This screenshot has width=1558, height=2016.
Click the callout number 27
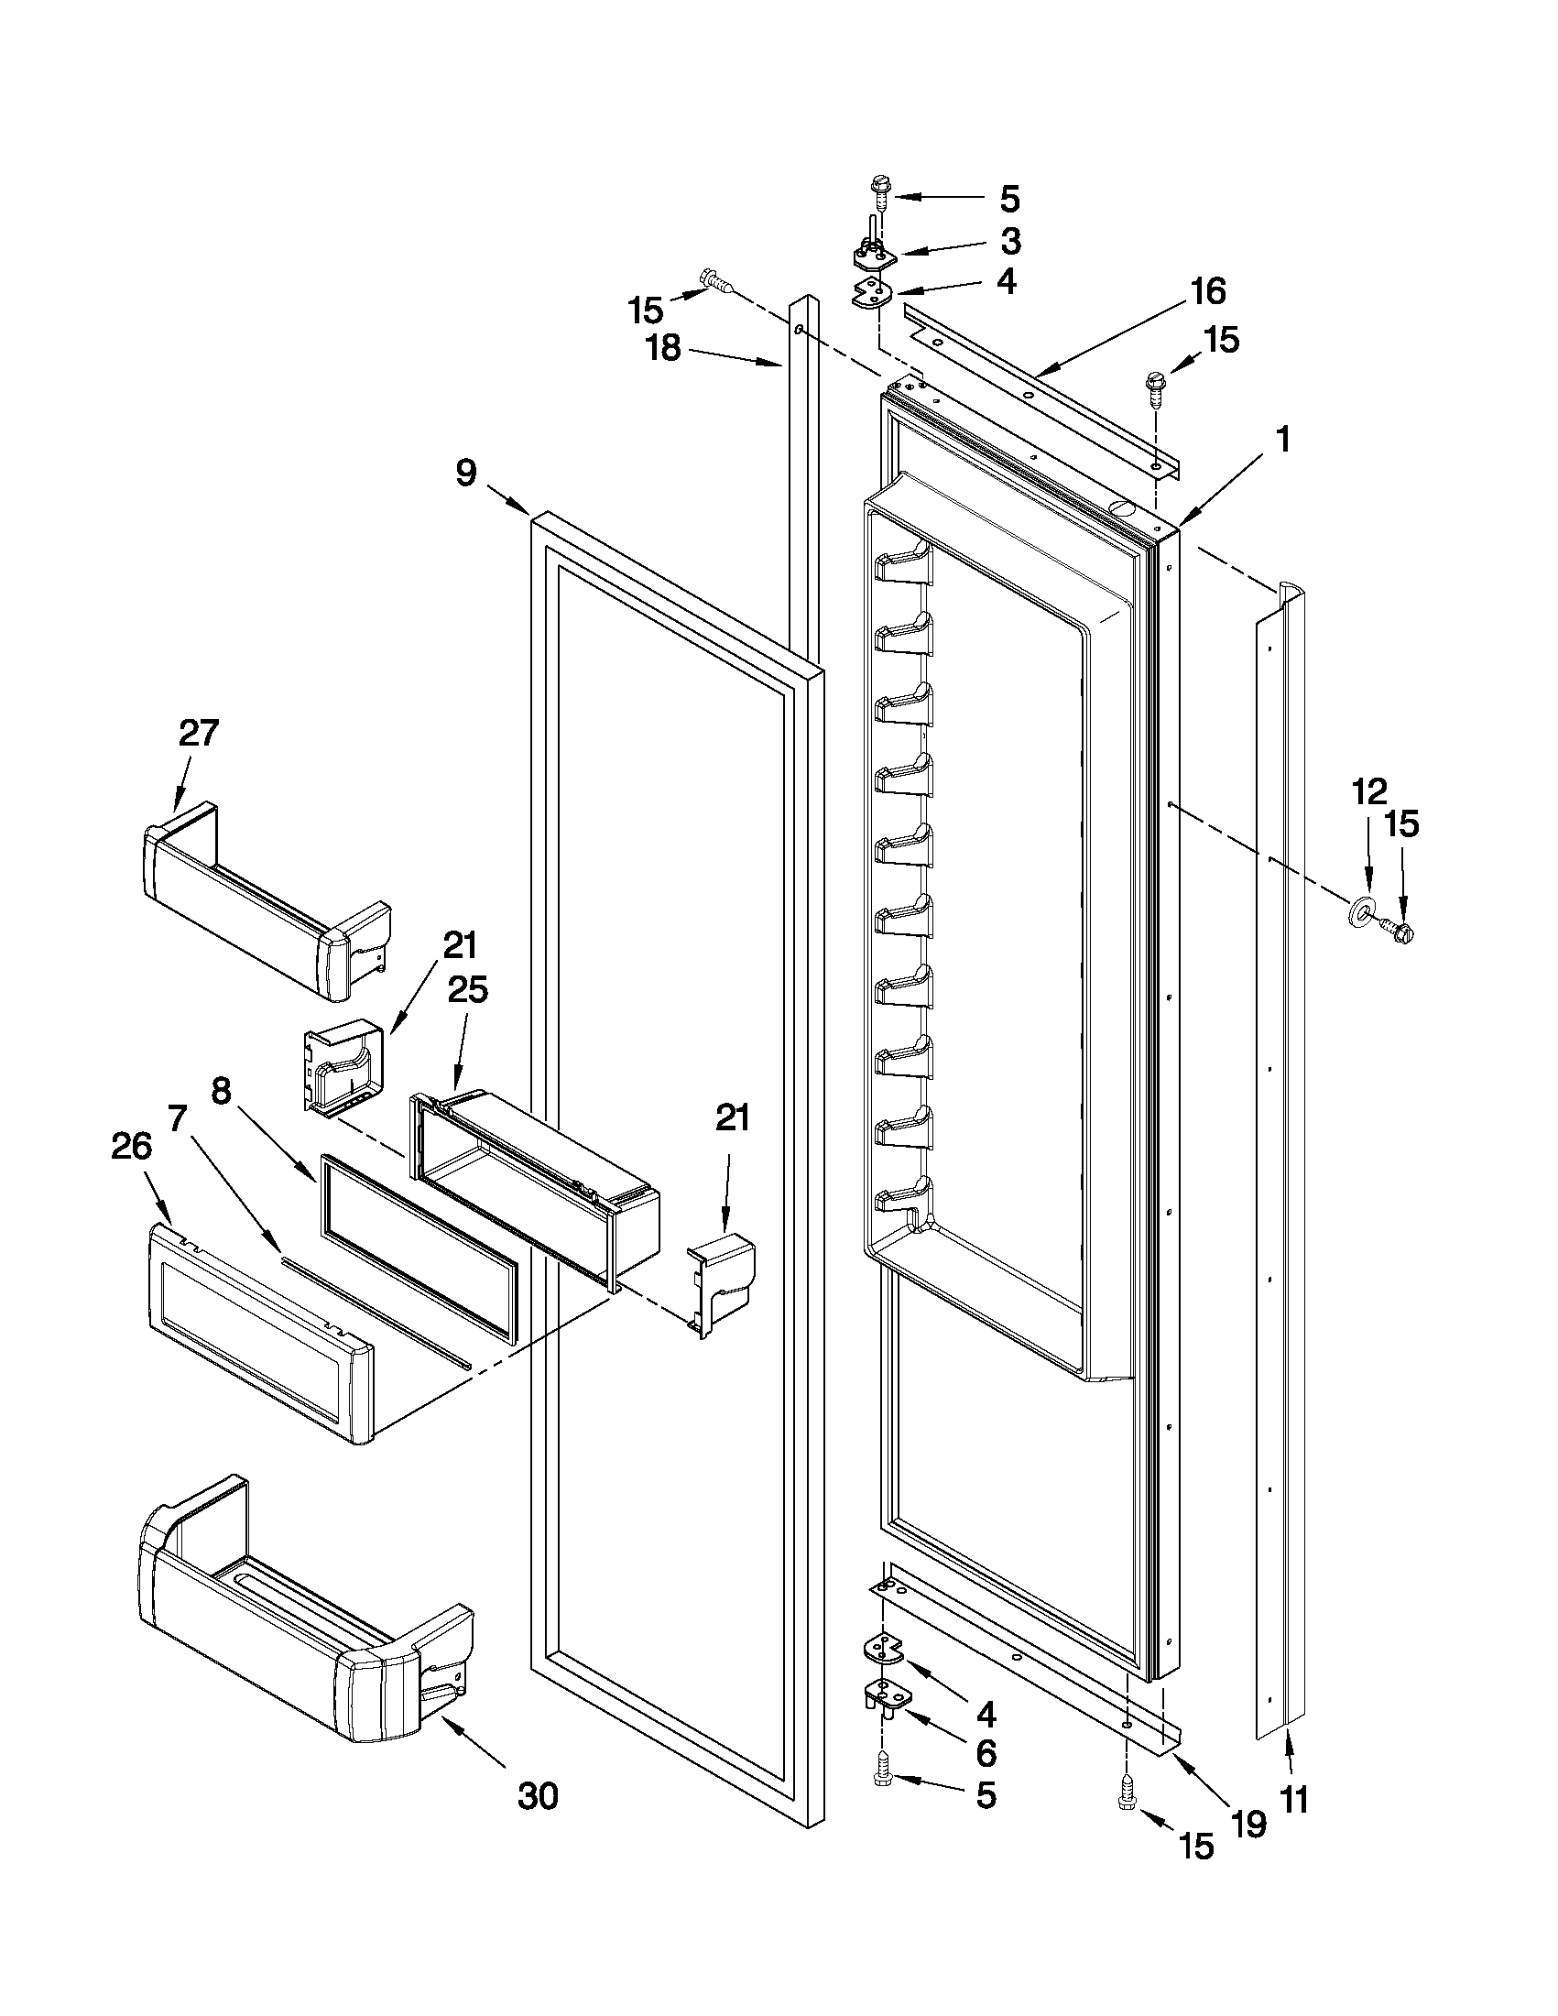199,733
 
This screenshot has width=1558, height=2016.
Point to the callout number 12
1369,791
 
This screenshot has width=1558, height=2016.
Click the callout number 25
467,989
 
